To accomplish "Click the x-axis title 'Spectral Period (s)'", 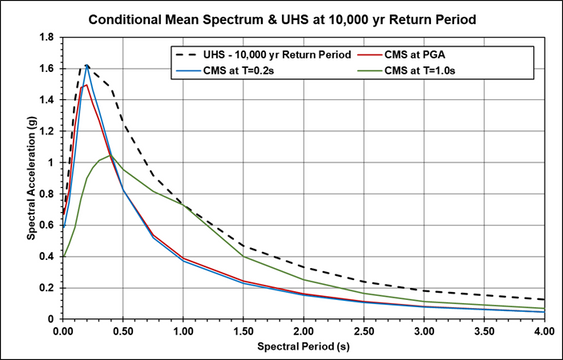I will pos(303,346).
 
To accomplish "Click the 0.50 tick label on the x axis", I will pos(123,329).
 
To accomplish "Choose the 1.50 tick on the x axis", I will pos(243,329).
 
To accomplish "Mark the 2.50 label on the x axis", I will pos(363,329).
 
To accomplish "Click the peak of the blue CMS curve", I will pos(87,66).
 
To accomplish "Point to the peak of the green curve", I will pos(111,155).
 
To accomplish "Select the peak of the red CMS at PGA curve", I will pos(86,84).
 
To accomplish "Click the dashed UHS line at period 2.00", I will pos(303,267).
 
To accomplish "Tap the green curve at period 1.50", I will pos(243,256).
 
